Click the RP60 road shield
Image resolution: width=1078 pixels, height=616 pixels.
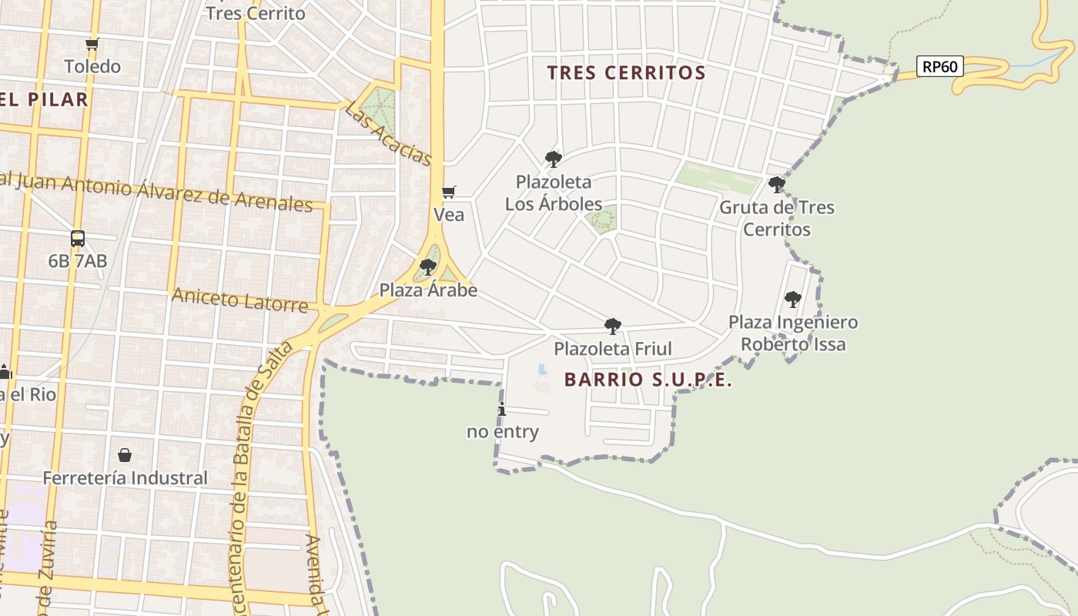pyautogui.click(x=939, y=66)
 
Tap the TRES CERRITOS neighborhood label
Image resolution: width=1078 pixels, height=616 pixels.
pyautogui.click(x=626, y=73)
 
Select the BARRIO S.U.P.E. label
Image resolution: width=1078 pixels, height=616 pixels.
pyautogui.click(x=648, y=380)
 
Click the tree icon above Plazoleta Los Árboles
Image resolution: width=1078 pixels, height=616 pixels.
pyautogui.click(x=553, y=159)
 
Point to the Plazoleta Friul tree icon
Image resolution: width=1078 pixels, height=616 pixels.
pyautogui.click(x=613, y=326)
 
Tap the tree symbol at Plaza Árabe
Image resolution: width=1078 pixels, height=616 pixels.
pyautogui.click(x=428, y=267)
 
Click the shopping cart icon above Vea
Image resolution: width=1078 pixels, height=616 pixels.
pyautogui.click(x=448, y=192)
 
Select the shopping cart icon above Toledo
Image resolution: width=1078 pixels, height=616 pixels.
pyautogui.click(x=92, y=44)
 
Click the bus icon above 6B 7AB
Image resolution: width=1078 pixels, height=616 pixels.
pyautogui.click(x=78, y=239)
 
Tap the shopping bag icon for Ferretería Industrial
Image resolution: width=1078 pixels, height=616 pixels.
pyautogui.click(x=125, y=455)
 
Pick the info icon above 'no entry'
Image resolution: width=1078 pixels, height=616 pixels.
pyautogui.click(x=502, y=409)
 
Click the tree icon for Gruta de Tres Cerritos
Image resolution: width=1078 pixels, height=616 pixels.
pyautogui.click(x=776, y=185)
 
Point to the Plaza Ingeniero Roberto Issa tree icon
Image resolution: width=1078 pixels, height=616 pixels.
pyautogui.click(x=792, y=300)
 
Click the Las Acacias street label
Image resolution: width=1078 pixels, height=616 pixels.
pyautogui.click(x=389, y=134)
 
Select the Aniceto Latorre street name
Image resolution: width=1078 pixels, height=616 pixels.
pyautogui.click(x=239, y=300)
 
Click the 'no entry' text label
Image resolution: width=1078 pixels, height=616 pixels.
pyautogui.click(x=503, y=432)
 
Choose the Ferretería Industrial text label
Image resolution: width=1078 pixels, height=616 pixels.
pyautogui.click(x=125, y=478)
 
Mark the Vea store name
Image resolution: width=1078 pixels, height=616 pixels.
pyautogui.click(x=449, y=215)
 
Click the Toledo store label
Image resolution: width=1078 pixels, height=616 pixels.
pyautogui.click(x=92, y=67)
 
